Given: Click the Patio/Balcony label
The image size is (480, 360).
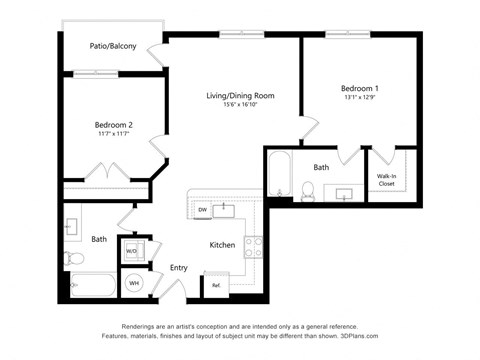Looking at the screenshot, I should (112, 46).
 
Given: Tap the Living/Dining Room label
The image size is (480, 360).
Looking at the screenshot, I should (240, 96).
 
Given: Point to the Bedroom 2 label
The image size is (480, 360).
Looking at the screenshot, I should (114, 125).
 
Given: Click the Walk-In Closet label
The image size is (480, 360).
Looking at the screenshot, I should (386, 180).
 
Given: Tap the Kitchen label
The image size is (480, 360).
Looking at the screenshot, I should (222, 245).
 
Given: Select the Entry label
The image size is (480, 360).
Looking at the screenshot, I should (179, 267).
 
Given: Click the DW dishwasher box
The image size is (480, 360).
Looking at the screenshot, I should (202, 210).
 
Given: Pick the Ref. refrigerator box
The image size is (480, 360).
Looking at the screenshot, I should (215, 285).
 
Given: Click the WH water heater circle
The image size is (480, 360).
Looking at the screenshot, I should (134, 284).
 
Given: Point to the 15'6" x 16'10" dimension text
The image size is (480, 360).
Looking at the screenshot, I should (240, 105).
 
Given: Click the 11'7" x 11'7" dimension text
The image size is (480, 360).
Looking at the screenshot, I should (114, 134).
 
